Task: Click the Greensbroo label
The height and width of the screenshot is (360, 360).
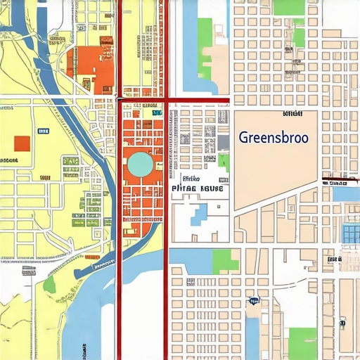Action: tap(273, 137)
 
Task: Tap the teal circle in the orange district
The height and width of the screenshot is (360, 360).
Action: tap(139, 165)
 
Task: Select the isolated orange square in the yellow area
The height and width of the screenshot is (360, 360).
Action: tap(22, 143)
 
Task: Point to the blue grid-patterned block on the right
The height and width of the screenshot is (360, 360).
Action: tap(349, 234)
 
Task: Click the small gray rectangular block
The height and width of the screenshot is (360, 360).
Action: tap(223, 142)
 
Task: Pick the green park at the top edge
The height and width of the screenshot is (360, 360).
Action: tap(288, 7)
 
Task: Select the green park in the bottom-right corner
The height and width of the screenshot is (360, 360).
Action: tap(302, 343)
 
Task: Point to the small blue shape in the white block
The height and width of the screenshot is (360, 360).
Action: tap(199, 214)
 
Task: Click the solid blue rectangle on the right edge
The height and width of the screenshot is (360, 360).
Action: tap(346, 193)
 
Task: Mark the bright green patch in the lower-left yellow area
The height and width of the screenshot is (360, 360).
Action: tap(49, 284)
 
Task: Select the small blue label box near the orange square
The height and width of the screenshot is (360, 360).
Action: tap(44, 131)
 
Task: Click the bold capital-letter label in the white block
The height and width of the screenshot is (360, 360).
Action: tap(197, 189)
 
